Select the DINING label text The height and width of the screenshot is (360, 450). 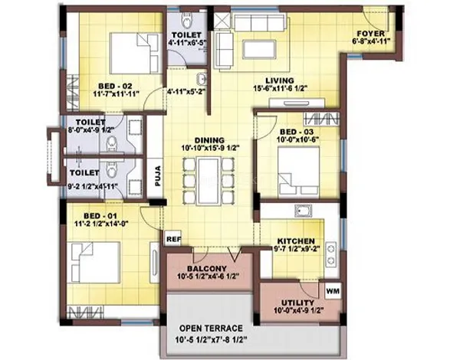(x=209, y=139)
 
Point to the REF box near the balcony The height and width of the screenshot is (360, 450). (x=173, y=238)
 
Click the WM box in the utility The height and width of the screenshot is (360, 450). (x=332, y=292)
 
